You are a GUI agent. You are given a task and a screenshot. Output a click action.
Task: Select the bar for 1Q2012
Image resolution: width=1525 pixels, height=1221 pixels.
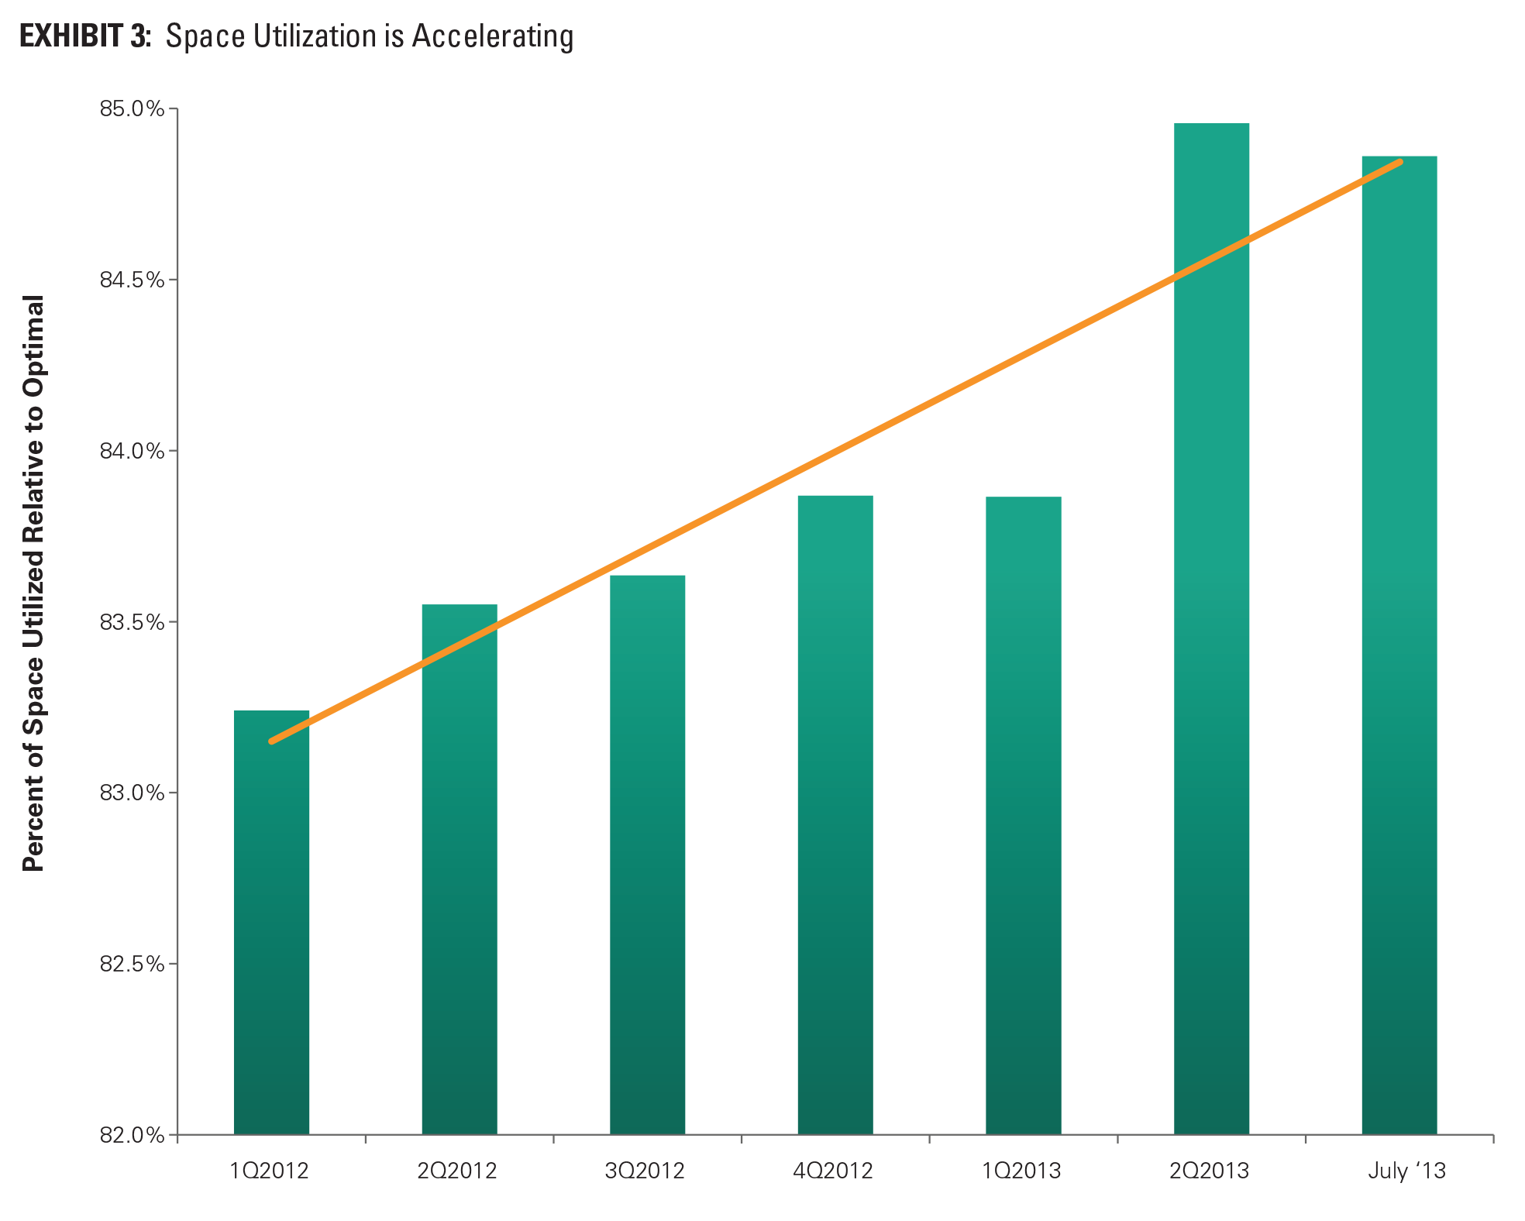click(x=271, y=922)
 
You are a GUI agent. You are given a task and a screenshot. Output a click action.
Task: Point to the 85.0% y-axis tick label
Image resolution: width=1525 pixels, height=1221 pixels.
click(x=132, y=108)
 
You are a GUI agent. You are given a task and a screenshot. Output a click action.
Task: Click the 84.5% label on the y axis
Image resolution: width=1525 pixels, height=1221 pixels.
click(x=132, y=280)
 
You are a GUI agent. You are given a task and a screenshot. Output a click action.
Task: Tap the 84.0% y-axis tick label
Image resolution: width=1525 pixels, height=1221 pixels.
click(x=132, y=451)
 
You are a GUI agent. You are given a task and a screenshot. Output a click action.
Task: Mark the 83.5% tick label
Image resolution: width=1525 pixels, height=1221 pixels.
click(x=132, y=622)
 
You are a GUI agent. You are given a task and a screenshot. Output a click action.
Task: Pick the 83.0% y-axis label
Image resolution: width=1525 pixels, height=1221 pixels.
click(x=132, y=793)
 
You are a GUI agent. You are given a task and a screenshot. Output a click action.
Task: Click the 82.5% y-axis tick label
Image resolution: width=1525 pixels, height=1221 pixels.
click(x=132, y=964)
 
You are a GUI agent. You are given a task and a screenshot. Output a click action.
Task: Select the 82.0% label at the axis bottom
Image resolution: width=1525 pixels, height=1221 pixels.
click(x=132, y=1135)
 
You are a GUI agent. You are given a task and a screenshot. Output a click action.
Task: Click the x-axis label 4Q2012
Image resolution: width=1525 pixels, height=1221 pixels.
click(x=833, y=1171)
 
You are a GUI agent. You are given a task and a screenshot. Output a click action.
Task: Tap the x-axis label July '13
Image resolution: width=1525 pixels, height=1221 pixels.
click(x=1406, y=1171)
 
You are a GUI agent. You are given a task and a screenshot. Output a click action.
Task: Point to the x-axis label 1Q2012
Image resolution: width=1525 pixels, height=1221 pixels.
click(x=269, y=1171)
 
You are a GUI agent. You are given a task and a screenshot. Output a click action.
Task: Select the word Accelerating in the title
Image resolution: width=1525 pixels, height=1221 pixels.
click(x=492, y=36)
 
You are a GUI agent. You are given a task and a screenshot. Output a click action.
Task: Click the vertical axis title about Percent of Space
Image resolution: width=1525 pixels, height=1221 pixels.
click(x=33, y=583)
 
